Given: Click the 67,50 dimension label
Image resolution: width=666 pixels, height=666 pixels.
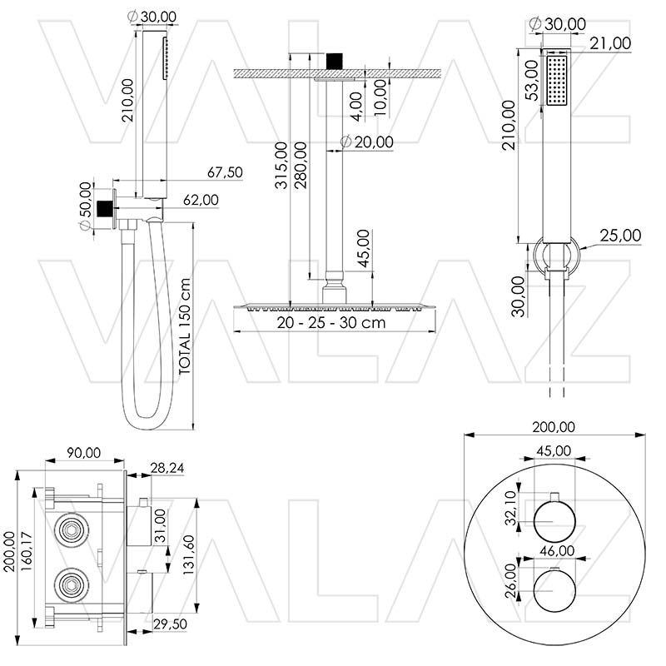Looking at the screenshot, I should tap(225, 172).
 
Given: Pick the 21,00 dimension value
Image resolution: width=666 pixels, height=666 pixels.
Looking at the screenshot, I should tap(610, 43).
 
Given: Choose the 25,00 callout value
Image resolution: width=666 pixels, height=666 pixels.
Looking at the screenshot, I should tap(621, 236).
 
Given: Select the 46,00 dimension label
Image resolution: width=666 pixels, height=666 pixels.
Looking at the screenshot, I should tap(557, 550).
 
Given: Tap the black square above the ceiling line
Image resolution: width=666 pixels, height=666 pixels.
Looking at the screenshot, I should tap(334, 60).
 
